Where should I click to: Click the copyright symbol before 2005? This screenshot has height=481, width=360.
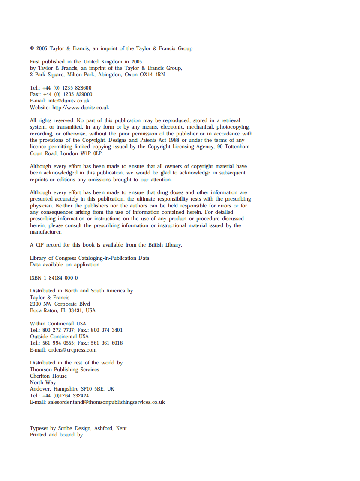tap(32, 48)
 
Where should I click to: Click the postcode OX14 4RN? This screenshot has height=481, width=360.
tap(152, 75)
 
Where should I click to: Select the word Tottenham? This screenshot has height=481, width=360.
tap(236, 147)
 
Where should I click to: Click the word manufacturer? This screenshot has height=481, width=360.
tap(46, 232)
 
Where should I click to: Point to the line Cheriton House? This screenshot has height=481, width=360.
tap(48, 376)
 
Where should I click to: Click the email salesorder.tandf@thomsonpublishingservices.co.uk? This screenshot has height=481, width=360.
tap(107, 402)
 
